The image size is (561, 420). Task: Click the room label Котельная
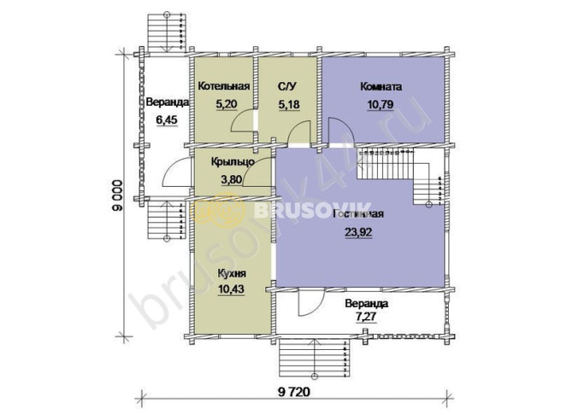[x=223, y=86]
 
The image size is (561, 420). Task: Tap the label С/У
[x=286, y=86]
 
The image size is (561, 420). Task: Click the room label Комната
[x=381, y=86]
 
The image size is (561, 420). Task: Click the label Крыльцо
[x=223, y=162]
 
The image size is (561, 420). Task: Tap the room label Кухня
[x=232, y=274]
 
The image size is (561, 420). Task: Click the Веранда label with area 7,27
[x=367, y=303]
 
